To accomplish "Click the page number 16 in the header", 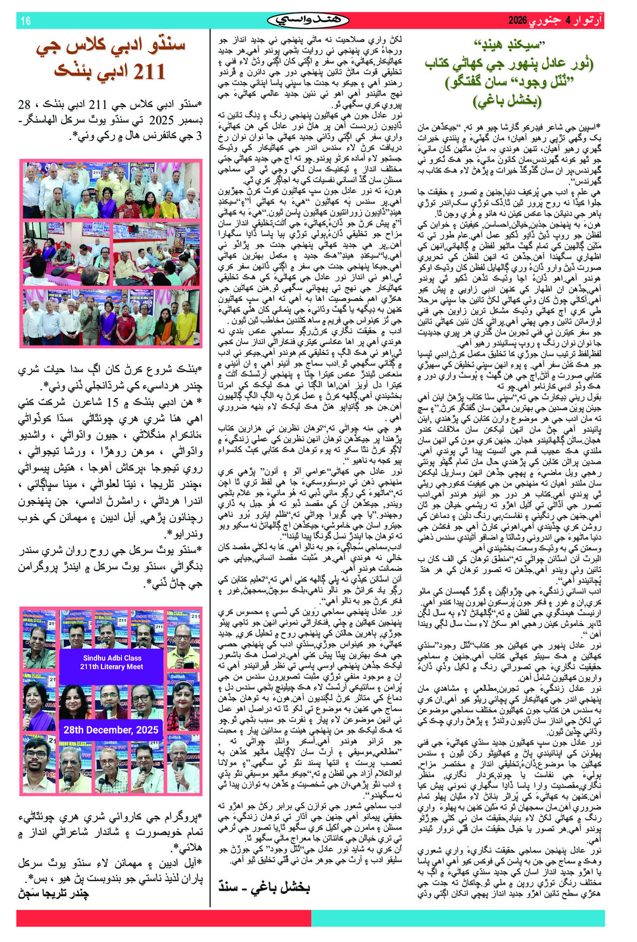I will point(26,21).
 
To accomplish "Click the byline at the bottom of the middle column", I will point(265,886).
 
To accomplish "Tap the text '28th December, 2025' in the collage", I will point(111,730).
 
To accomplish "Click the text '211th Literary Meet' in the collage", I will point(112,667).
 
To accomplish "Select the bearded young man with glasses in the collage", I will point(36,762).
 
